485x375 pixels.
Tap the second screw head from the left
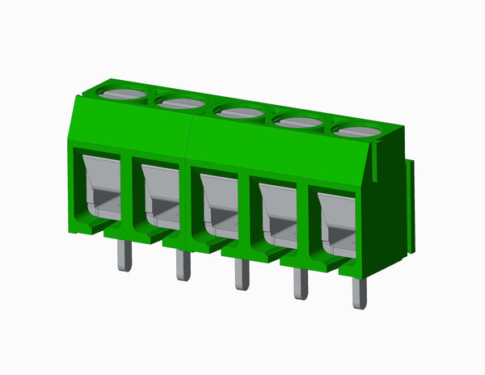click(x=182, y=103)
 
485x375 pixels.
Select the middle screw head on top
click(x=241, y=112)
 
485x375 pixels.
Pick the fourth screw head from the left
click(x=298, y=122)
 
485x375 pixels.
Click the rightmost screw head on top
click(x=357, y=131)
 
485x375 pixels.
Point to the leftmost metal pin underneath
click(x=124, y=255)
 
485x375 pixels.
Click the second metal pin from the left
click(x=183, y=265)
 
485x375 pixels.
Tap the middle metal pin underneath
click(x=242, y=274)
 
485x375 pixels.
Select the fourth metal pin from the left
click(x=300, y=284)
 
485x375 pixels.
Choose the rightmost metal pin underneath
click(x=358, y=294)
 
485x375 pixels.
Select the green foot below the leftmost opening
click(x=91, y=227)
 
